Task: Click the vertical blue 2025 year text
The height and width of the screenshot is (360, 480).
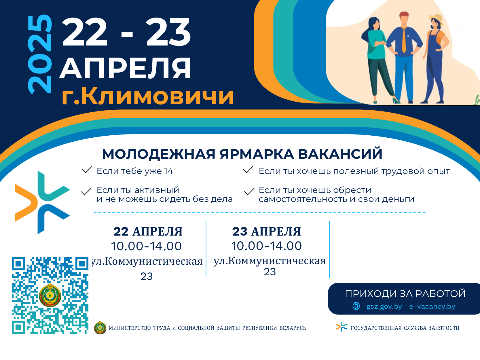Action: [40, 54]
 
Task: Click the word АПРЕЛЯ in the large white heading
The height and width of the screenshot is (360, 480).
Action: [125, 68]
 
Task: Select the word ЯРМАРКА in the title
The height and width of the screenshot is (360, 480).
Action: [257, 154]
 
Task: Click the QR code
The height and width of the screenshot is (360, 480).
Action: [50, 295]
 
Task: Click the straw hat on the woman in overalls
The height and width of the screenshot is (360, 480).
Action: [436, 19]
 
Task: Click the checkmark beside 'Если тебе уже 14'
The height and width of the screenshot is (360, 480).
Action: [87, 170]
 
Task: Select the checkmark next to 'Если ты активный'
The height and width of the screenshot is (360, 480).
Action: [86, 191]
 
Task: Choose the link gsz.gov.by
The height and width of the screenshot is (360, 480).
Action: [384, 306]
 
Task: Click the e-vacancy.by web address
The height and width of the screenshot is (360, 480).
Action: [432, 306]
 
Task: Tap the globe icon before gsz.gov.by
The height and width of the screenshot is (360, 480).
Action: [356, 306]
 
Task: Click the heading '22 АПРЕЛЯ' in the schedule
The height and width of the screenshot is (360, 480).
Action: [148, 231]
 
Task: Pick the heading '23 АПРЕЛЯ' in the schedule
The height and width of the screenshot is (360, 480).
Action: [267, 231]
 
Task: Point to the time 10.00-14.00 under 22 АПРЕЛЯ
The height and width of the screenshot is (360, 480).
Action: [146, 246]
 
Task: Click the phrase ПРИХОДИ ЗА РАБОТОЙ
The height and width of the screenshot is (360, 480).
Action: [405, 293]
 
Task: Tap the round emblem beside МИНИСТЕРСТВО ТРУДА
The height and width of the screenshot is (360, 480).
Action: [100, 328]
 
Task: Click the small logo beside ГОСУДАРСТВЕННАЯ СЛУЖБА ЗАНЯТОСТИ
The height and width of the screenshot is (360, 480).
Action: [341, 327]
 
